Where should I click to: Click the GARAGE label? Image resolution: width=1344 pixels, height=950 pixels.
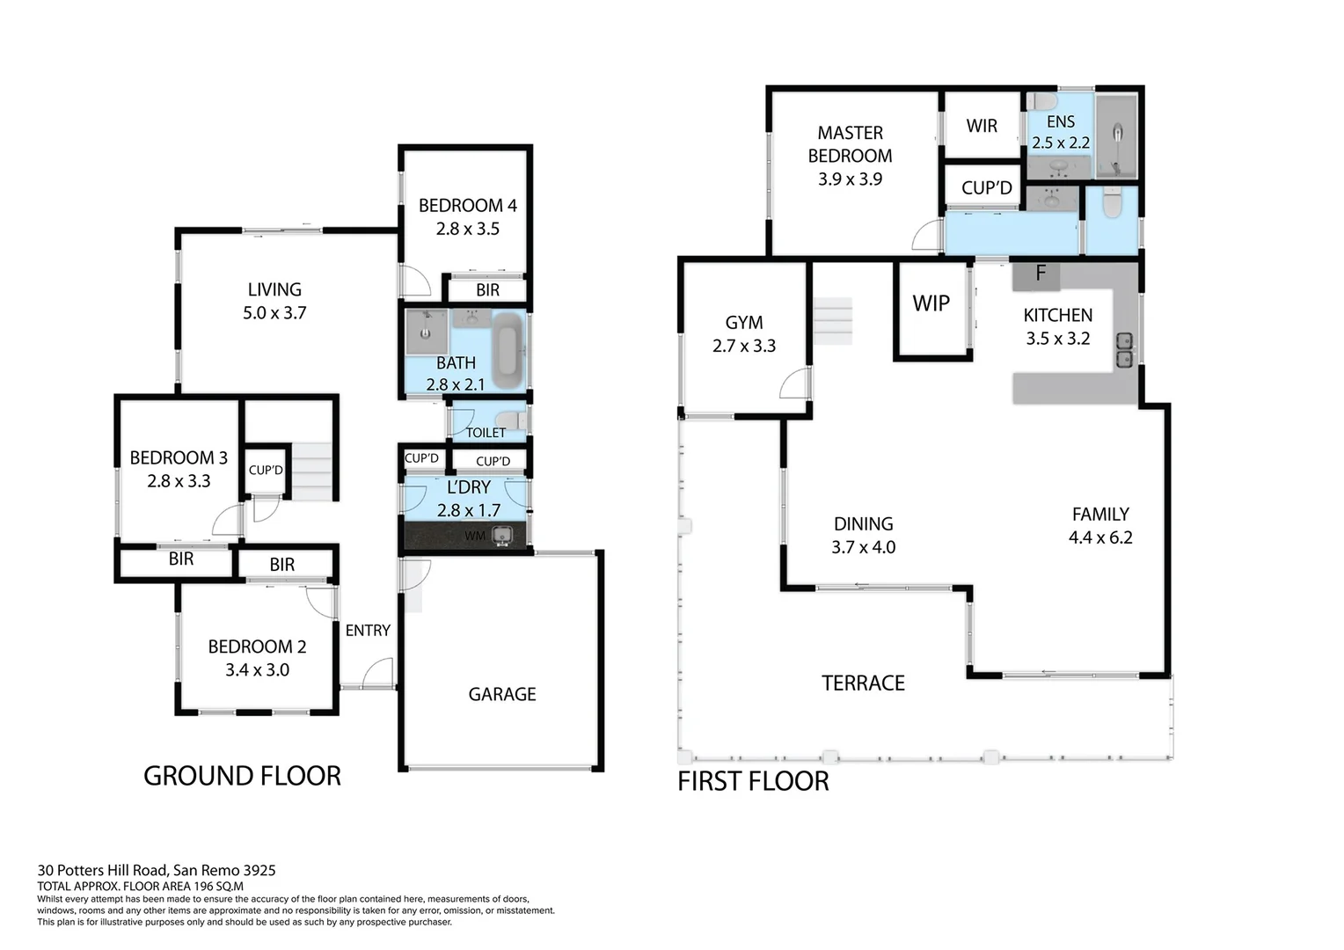pos(501,694)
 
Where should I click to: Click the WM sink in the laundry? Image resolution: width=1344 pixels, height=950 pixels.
pos(502,535)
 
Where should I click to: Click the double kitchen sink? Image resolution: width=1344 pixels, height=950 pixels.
pos(1124,349)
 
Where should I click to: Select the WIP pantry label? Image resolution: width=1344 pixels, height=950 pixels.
pos(931,303)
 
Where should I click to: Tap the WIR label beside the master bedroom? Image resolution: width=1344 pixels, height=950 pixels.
pos(982,126)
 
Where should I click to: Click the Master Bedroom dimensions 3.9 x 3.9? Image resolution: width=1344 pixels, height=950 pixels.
pos(850,179)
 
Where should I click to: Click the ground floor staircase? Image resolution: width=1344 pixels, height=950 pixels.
pos(311,471)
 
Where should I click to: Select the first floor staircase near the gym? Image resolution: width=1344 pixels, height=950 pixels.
pos(832,320)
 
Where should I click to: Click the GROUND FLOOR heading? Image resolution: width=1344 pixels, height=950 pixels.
pos(242,776)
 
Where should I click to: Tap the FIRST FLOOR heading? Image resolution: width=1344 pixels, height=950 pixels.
pos(753,781)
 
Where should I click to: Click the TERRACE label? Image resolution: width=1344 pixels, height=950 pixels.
pos(863,683)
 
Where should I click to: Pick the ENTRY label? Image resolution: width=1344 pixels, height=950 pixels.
pos(368,631)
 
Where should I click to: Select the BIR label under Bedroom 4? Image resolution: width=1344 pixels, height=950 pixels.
pos(487,290)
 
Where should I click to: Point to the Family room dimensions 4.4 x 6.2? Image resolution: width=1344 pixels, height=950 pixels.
pos(1100,537)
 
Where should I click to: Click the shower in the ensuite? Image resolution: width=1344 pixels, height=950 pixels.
pos(1116,137)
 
